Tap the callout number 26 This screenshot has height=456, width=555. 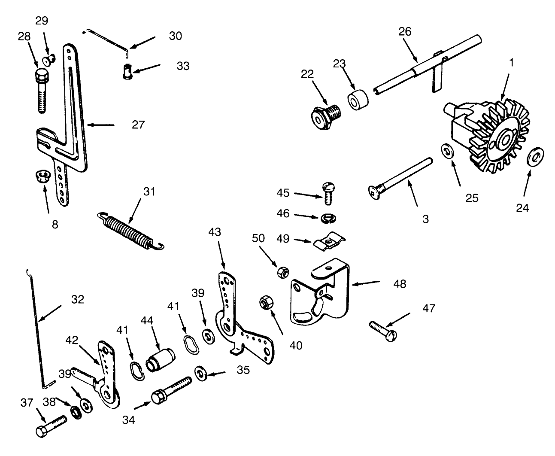tap(405, 31)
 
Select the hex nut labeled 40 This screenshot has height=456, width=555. tap(264, 303)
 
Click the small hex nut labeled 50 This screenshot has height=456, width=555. tap(282, 272)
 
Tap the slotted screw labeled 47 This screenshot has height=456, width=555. tap(385, 331)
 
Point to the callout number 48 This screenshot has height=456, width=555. tap(399, 283)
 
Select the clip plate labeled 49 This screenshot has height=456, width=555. tap(329, 243)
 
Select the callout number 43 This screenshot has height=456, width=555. tap(215, 232)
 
